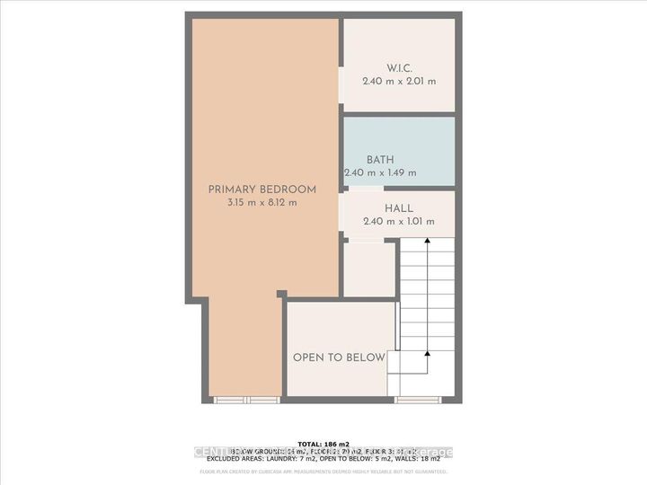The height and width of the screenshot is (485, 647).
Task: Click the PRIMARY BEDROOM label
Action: (x=262, y=190)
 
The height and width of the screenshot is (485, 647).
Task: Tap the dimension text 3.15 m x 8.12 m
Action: (x=262, y=203)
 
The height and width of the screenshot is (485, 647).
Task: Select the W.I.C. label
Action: (x=398, y=67)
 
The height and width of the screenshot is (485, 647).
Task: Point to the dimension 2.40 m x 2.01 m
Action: (x=398, y=81)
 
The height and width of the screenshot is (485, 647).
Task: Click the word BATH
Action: (x=380, y=160)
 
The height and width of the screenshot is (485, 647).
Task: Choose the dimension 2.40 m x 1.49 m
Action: (x=380, y=173)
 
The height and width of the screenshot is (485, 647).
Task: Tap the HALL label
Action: (x=398, y=208)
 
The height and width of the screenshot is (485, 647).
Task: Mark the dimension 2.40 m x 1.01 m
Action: (x=398, y=222)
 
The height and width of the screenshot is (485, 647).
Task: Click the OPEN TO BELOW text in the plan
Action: (x=339, y=357)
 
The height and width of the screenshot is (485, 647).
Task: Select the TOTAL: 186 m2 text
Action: (x=323, y=444)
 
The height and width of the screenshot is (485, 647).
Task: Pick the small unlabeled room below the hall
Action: (x=368, y=268)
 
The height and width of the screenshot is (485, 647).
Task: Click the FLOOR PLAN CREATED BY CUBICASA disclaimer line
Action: (x=323, y=471)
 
